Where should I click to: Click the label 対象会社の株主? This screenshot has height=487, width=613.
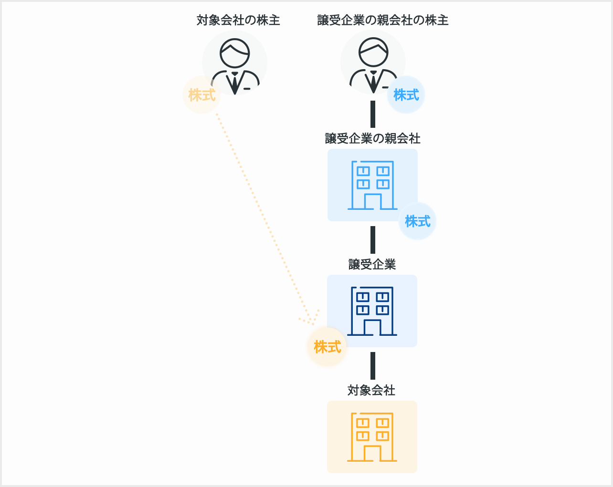click(x=238, y=20)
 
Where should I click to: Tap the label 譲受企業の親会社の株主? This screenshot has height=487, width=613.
click(x=383, y=20)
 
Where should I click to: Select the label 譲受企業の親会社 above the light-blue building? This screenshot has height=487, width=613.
click(x=372, y=138)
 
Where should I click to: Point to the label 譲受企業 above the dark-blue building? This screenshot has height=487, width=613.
click(x=372, y=264)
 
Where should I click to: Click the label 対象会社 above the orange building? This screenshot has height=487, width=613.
click(x=371, y=390)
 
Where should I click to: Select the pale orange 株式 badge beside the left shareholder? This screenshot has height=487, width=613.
click(x=202, y=95)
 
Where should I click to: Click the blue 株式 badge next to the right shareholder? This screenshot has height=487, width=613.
click(x=406, y=95)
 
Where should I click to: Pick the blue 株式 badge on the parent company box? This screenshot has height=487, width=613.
click(x=417, y=221)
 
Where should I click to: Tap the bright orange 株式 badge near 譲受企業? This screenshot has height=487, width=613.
click(x=328, y=347)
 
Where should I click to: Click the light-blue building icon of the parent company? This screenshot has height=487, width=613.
click(x=372, y=185)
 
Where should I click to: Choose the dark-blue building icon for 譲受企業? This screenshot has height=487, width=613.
click(x=372, y=311)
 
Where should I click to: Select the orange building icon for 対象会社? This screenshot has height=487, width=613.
click(x=372, y=437)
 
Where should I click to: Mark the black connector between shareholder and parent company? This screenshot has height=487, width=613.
click(x=373, y=114)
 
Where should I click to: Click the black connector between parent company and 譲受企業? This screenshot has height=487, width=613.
click(x=373, y=239)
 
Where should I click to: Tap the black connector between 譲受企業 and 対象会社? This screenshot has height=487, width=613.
click(x=373, y=365)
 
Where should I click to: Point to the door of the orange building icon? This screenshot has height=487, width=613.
click(x=372, y=454)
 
